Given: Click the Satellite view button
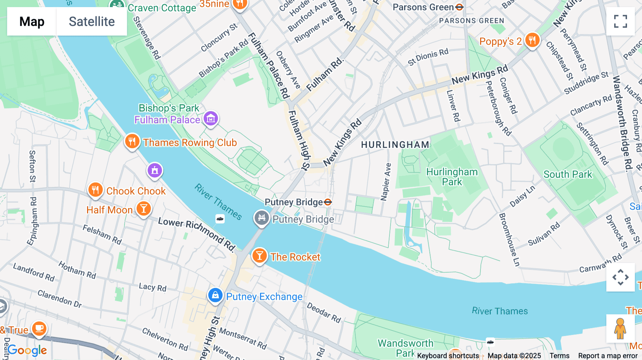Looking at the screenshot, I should tap(92, 21).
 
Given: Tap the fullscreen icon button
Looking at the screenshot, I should tap(620, 21).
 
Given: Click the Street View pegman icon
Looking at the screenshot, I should tap(620, 328).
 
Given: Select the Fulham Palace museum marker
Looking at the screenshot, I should tap(211, 118).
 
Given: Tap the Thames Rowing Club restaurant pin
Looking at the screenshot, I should tap(132, 142).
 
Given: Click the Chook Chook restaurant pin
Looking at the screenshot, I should tap(95, 190).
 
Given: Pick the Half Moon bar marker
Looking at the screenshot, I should tap(144, 209).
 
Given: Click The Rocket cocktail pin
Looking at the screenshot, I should tap(259, 256).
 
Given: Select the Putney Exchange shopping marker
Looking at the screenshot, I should tap(215, 295).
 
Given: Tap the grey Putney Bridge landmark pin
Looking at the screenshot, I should tap(261, 217).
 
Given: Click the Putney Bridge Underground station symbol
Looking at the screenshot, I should tap(328, 202).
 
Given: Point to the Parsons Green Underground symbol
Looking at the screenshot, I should tap(459, 7).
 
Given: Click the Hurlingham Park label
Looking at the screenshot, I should tap(452, 177).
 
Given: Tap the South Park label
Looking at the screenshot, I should tap(567, 174).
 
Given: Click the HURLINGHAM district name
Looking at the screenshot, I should tap(395, 145).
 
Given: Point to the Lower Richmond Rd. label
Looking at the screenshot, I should tap(197, 234).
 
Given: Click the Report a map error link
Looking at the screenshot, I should tap(607, 355).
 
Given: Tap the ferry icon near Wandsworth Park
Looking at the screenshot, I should tap(490, 342).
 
